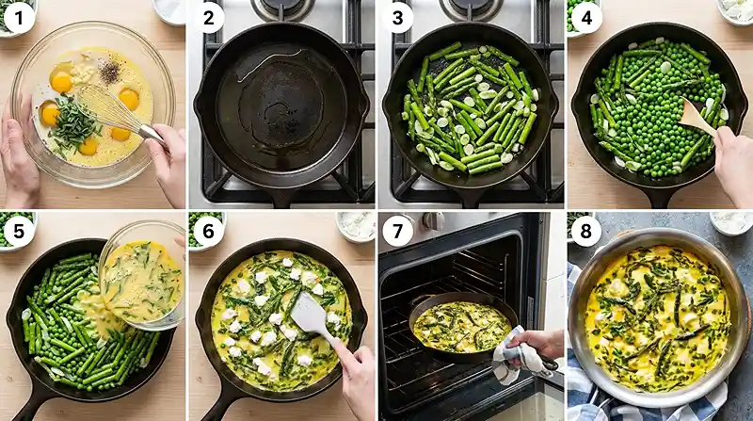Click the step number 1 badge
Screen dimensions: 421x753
tap(19, 17)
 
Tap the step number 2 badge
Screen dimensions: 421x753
tap(209, 17)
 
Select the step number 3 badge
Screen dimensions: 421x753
tap(398, 17)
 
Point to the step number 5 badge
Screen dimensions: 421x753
tap(19, 230)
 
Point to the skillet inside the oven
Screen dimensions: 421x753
tap(461, 325)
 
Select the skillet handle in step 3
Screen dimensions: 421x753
tap(468, 196)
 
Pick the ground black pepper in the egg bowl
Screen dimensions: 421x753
tap(110, 71)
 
